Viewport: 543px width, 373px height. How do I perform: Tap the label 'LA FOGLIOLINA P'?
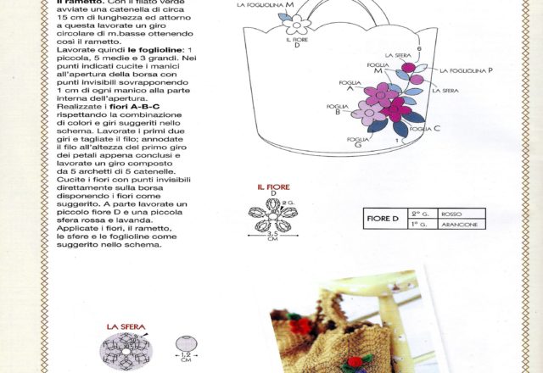pos(466,71)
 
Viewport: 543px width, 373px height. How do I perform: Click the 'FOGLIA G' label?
pos(358,140)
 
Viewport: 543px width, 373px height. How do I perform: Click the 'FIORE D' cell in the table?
pos(383,219)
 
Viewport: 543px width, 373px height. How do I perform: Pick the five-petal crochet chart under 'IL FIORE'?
pos(271,214)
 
